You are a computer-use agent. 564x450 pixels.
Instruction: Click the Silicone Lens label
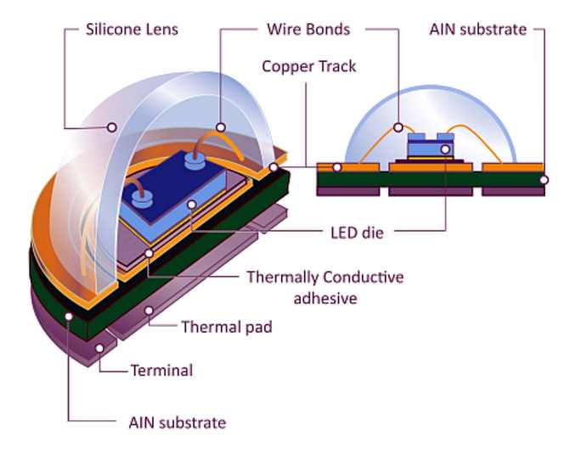pos(132,30)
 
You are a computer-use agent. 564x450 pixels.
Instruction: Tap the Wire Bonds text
pos(308,30)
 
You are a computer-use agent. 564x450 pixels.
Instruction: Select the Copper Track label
pos(309,66)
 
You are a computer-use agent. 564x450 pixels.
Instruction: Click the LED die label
pos(357,233)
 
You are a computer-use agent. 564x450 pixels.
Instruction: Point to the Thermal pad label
pos(227,327)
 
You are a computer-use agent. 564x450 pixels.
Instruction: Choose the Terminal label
pos(162,370)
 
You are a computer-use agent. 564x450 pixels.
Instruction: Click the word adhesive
pos(325,298)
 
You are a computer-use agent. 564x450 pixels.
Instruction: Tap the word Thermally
pos(282,278)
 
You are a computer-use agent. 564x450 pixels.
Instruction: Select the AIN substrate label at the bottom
pos(178,423)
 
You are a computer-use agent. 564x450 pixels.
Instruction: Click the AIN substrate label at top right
pos(478,30)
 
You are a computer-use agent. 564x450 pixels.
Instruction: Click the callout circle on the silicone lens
pos(112,127)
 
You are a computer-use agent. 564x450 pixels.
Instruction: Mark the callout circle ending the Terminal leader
pos(99,348)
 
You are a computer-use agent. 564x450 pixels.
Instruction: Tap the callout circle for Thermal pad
pos(149,311)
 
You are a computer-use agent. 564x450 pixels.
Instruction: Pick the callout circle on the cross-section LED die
pos(445,149)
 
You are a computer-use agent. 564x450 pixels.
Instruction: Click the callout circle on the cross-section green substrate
pos(544,180)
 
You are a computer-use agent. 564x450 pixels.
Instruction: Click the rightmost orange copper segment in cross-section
pos(512,167)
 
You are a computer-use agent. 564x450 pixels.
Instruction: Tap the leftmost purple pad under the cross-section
pos(347,191)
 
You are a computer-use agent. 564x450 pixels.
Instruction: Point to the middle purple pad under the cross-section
pos(431,191)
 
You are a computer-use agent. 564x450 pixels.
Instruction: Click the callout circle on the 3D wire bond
pos(221,127)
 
